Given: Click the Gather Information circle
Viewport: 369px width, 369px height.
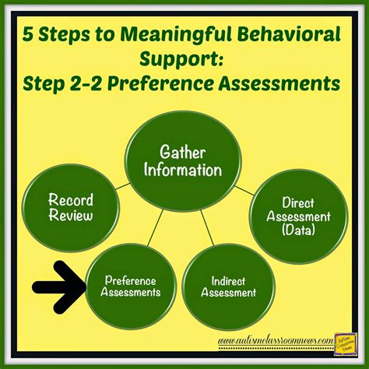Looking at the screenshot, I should tap(185, 159).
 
